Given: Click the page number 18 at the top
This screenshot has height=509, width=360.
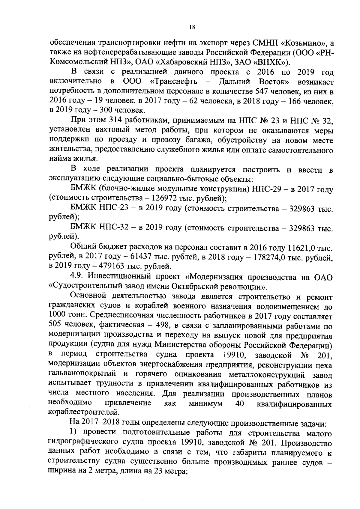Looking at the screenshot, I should pos(192,27).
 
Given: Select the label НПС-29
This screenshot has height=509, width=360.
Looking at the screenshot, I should pos(266,189).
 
